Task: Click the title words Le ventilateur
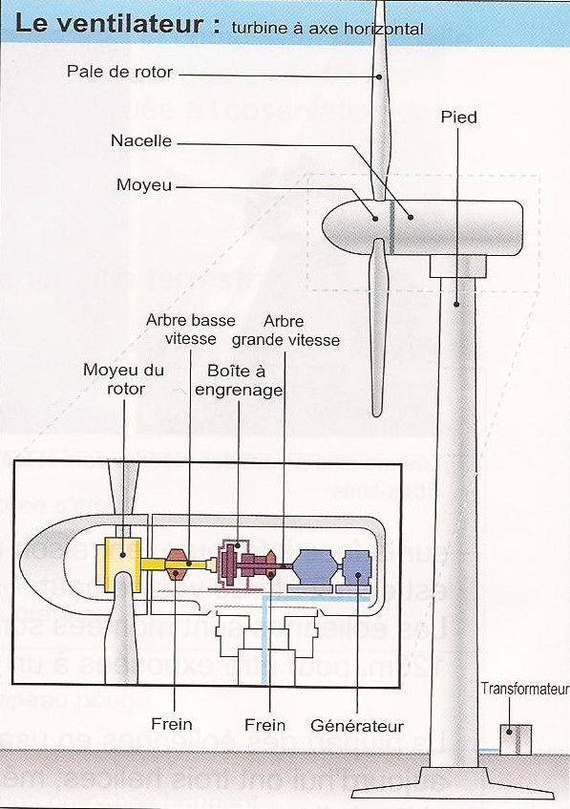[x=111, y=25]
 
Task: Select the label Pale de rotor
[x=119, y=72]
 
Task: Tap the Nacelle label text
[x=141, y=141]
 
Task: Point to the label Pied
[x=458, y=117]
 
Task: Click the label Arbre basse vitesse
[x=190, y=329]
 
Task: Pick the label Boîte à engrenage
[x=239, y=380]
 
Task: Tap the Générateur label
[x=357, y=726]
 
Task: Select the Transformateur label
[x=524, y=689]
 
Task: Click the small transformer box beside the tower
[x=516, y=740]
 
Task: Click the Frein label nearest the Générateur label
[x=264, y=726]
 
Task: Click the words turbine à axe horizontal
[x=327, y=29]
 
